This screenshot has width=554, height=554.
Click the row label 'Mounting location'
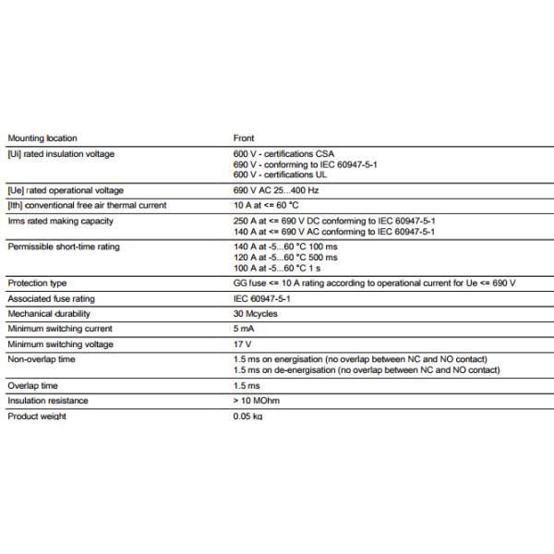(42, 138)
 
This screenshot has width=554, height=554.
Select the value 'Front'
(243, 138)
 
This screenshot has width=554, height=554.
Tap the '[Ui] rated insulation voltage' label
(61, 154)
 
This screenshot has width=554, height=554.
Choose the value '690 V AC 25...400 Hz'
(276, 190)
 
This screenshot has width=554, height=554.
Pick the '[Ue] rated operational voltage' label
(65, 190)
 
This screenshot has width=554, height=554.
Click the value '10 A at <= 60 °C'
(266, 205)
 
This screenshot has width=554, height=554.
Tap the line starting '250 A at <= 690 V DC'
(333, 221)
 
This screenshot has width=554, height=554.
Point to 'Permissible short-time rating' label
(64, 247)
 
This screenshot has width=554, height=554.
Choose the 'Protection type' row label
(37, 283)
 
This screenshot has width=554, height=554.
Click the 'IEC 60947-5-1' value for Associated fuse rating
(262, 298)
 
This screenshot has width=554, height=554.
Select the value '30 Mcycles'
(255, 314)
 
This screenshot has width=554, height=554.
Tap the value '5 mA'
(243, 329)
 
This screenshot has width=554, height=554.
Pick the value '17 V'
(242, 344)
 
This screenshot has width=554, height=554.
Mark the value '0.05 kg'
(247, 416)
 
